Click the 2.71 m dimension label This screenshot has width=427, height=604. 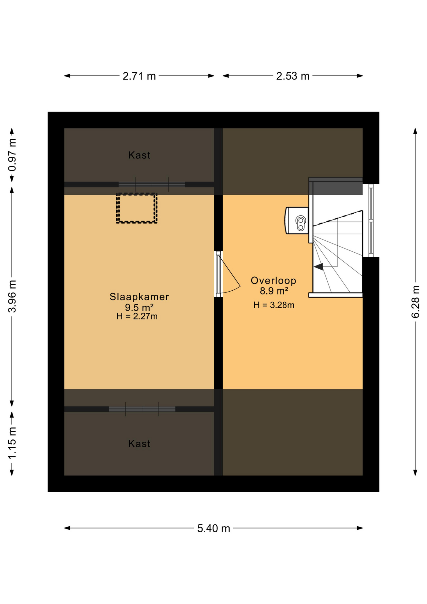click(x=139, y=76)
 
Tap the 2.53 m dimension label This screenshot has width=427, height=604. click(x=292, y=76)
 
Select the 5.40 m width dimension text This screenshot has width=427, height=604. click(x=213, y=528)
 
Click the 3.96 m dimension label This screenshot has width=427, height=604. click(x=12, y=296)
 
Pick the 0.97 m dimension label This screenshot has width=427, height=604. click(x=12, y=154)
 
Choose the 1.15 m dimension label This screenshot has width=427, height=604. click(x=12, y=443)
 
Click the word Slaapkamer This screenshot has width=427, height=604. click(x=139, y=297)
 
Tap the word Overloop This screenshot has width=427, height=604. click(x=273, y=280)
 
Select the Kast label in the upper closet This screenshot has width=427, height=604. click(x=139, y=155)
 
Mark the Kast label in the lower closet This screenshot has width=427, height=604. click(x=139, y=444)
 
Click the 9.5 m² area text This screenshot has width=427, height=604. click(x=139, y=307)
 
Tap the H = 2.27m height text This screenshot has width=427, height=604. click(x=137, y=316)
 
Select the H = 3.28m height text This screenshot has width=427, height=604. click(x=274, y=305)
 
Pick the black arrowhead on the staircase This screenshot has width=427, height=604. click(x=319, y=267)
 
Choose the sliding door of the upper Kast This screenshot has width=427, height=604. click(x=152, y=184)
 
